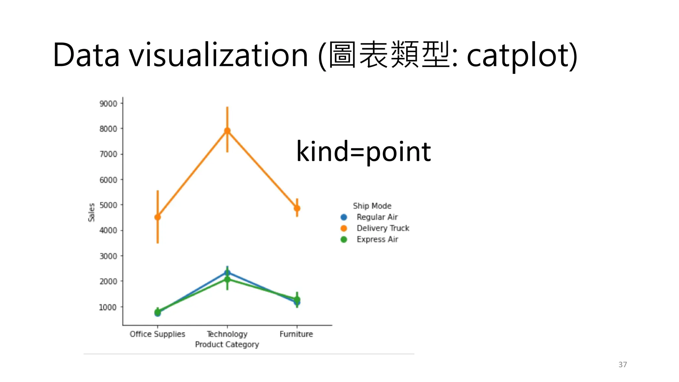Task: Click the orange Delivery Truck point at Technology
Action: [227, 131]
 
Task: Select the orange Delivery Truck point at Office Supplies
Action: [157, 217]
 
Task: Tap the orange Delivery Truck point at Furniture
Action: [297, 208]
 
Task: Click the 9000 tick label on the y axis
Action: [108, 104]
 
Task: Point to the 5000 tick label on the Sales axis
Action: [108, 205]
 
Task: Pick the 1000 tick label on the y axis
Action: [108, 307]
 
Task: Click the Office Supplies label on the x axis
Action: [157, 334]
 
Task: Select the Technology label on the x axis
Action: [227, 334]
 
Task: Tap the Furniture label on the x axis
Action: [296, 334]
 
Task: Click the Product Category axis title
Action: [227, 345]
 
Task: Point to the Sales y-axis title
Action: [92, 212]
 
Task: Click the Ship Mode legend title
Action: [372, 206]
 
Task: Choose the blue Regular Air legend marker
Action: [344, 217]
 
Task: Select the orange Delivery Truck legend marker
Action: [344, 228]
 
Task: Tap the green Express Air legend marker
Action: [344, 239]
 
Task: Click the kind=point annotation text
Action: [363, 152]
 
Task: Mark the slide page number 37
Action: [623, 365]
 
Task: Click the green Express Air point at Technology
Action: [227, 280]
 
